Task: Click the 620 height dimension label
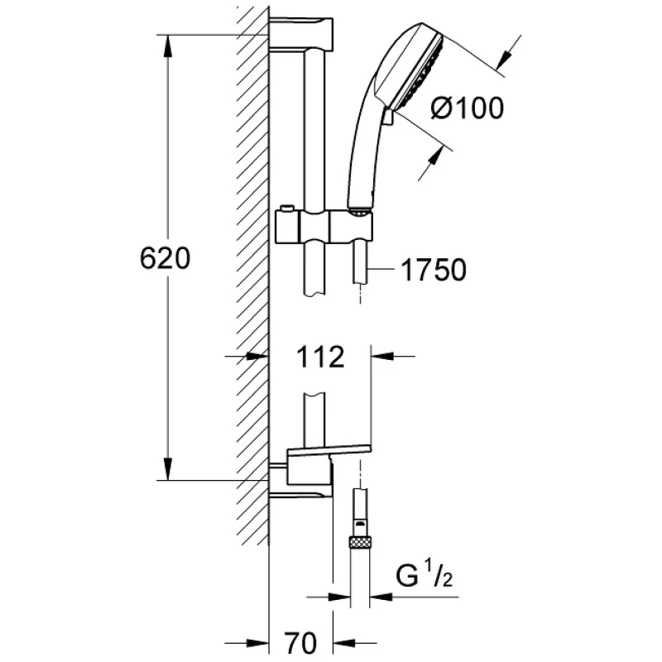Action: pyautogui.click(x=165, y=258)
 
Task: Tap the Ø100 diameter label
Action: pyautogui.click(x=468, y=108)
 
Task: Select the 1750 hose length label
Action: pyautogui.click(x=434, y=270)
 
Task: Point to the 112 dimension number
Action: pyautogui.click(x=320, y=357)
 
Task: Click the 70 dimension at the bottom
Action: pyautogui.click(x=300, y=643)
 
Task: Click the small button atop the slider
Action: pyautogui.click(x=285, y=208)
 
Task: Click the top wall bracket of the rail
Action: pyautogui.click(x=301, y=35)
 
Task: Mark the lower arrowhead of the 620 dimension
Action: pyautogui.click(x=168, y=469)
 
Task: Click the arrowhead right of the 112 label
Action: pyautogui.click(x=381, y=357)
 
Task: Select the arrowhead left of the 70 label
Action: pyautogui.click(x=257, y=643)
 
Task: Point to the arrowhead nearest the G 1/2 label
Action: pyautogui.click(x=381, y=597)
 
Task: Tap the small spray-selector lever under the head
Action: pyautogui.click(x=387, y=116)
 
